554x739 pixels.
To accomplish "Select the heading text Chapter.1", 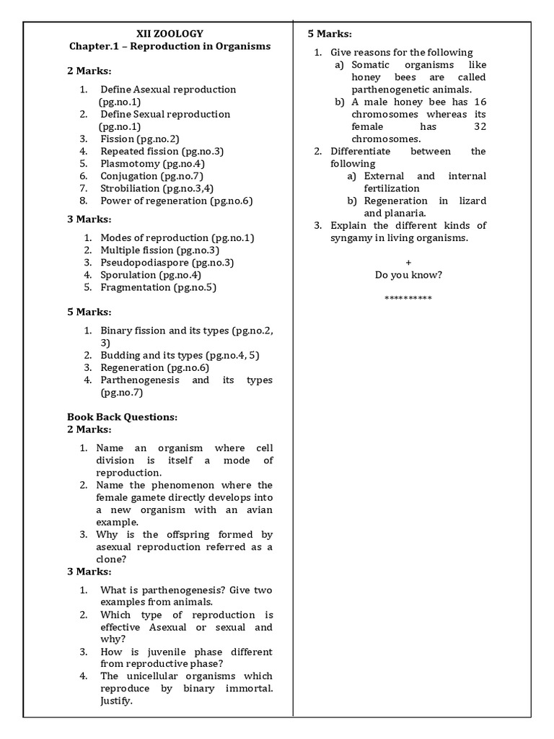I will point(93,45).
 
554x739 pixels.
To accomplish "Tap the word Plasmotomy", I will point(128,163).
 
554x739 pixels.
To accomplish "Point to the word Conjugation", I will point(128,175).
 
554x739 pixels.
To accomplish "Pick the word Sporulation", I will point(128,274).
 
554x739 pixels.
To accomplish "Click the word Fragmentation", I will point(136,287).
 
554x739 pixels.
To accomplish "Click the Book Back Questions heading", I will point(122,416).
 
